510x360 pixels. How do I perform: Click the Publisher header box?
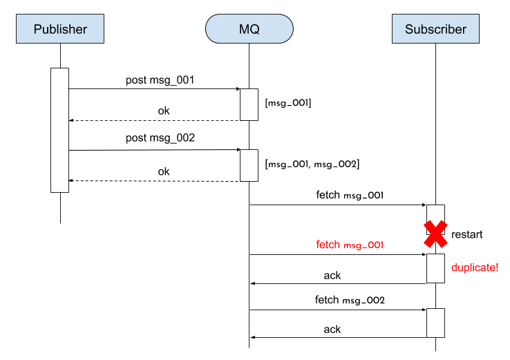[x=60, y=29]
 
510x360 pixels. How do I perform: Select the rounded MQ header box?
[x=249, y=29]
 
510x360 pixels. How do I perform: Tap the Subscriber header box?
[x=435, y=29]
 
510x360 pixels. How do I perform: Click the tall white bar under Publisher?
[x=59, y=130]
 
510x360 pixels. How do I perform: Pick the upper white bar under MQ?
[x=249, y=104]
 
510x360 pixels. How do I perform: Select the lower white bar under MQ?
[x=249, y=165]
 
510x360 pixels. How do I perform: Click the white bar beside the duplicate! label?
[x=435, y=268]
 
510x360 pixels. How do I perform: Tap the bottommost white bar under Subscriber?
[x=435, y=323]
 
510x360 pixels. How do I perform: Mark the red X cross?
[x=435, y=235]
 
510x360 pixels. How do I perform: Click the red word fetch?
[x=328, y=245]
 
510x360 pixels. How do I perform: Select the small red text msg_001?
[x=363, y=245]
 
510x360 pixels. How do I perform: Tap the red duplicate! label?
[x=474, y=268]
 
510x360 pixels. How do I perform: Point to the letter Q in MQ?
[x=254, y=29]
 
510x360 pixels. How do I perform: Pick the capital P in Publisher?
[x=37, y=29]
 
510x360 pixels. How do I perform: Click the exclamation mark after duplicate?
[x=496, y=268]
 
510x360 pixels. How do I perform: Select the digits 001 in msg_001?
[x=375, y=245]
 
